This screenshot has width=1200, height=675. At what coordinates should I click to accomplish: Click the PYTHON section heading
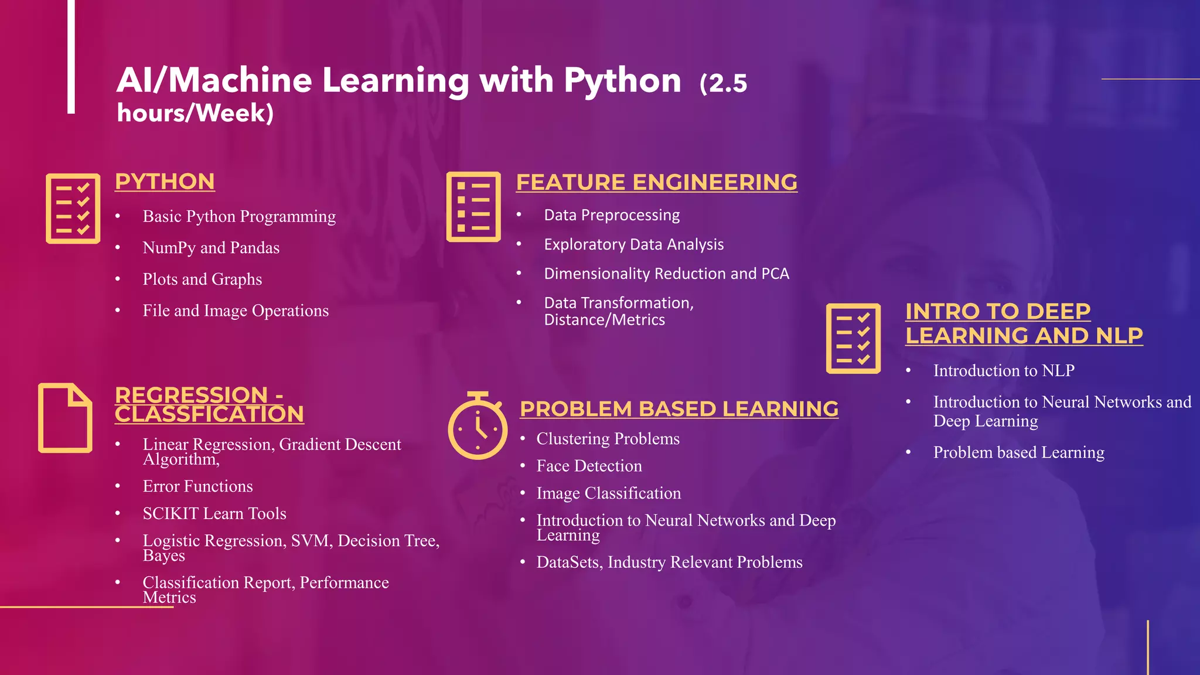(165, 182)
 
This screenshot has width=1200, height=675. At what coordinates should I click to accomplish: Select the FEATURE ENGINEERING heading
(656, 182)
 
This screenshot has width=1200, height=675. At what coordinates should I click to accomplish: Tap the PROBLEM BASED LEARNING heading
(679, 409)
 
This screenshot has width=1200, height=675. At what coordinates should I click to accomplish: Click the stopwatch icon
(477, 427)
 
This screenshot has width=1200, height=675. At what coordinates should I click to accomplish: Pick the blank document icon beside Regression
(65, 418)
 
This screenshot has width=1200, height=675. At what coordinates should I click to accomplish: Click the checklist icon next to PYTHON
(73, 209)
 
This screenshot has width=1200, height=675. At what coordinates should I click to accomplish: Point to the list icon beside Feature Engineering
(473, 207)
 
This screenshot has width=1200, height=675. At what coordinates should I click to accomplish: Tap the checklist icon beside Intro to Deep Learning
(853, 338)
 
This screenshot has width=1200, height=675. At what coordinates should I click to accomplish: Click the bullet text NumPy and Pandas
(211, 248)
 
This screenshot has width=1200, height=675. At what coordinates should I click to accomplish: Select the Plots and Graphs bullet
(202, 279)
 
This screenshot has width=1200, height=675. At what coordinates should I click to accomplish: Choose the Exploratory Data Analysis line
(633, 244)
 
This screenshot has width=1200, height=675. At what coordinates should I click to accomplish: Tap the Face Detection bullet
(589, 466)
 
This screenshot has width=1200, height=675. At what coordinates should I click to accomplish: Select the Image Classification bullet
(608, 493)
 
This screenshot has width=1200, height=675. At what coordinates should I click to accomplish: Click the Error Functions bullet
(197, 486)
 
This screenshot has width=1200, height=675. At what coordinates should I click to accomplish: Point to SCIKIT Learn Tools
(214, 513)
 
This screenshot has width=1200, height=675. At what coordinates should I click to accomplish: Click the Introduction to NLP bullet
(1004, 371)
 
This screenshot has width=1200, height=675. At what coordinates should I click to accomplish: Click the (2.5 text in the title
(723, 83)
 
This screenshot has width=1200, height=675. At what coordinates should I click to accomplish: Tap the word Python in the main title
(622, 80)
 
